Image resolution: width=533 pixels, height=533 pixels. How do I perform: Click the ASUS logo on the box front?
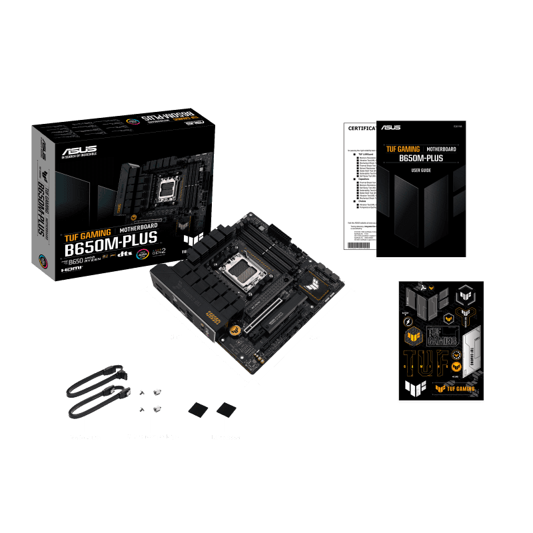(x=79, y=151)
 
